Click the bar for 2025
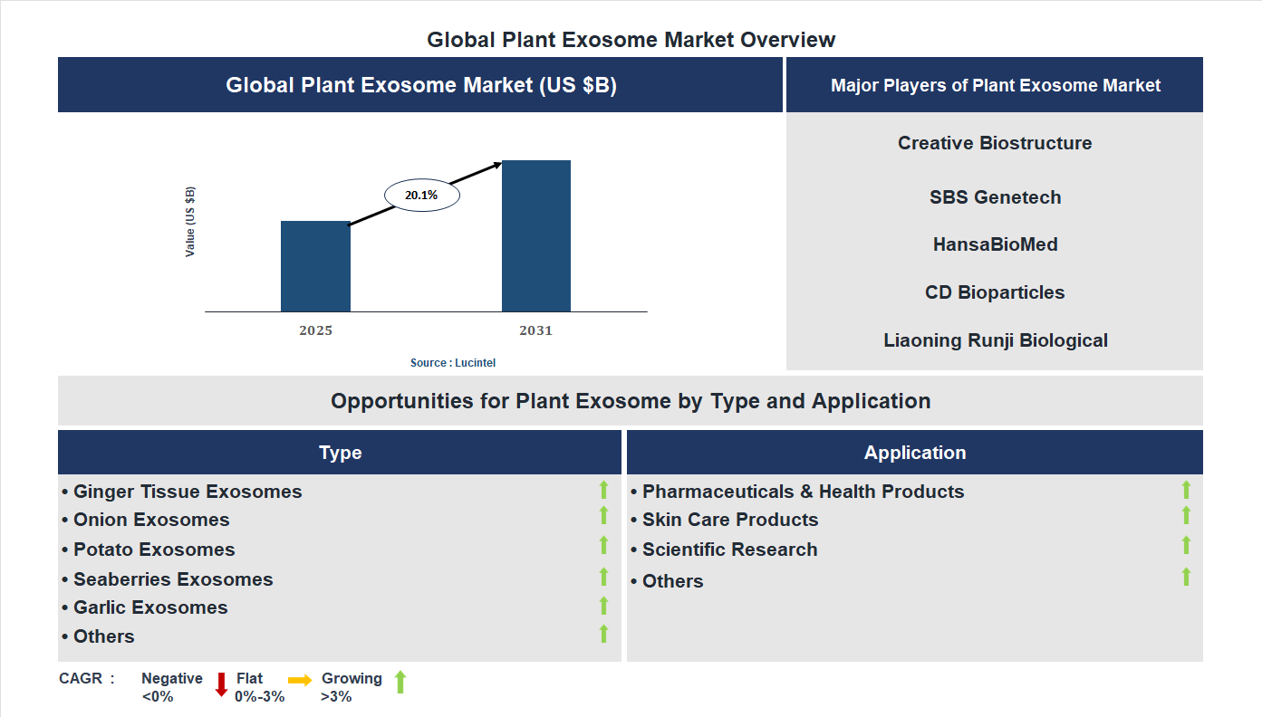click(x=315, y=266)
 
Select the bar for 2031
click(x=536, y=236)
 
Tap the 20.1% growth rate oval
click(x=421, y=195)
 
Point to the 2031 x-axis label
click(x=535, y=330)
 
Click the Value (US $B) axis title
click(x=190, y=222)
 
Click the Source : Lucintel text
click(x=453, y=363)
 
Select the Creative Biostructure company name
click(x=995, y=143)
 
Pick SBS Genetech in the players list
click(x=995, y=197)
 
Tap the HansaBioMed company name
click(x=995, y=244)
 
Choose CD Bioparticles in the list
click(x=995, y=292)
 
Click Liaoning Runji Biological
click(x=995, y=340)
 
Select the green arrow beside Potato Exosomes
click(x=603, y=545)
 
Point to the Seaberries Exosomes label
click(x=172, y=579)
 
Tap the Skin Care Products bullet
click(x=729, y=520)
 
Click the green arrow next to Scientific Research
click(x=1186, y=545)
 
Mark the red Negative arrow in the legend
click(x=221, y=684)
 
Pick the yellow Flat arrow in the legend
click(x=300, y=680)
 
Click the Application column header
click(x=914, y=453)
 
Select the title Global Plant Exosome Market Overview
click(x=631, y=40)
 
